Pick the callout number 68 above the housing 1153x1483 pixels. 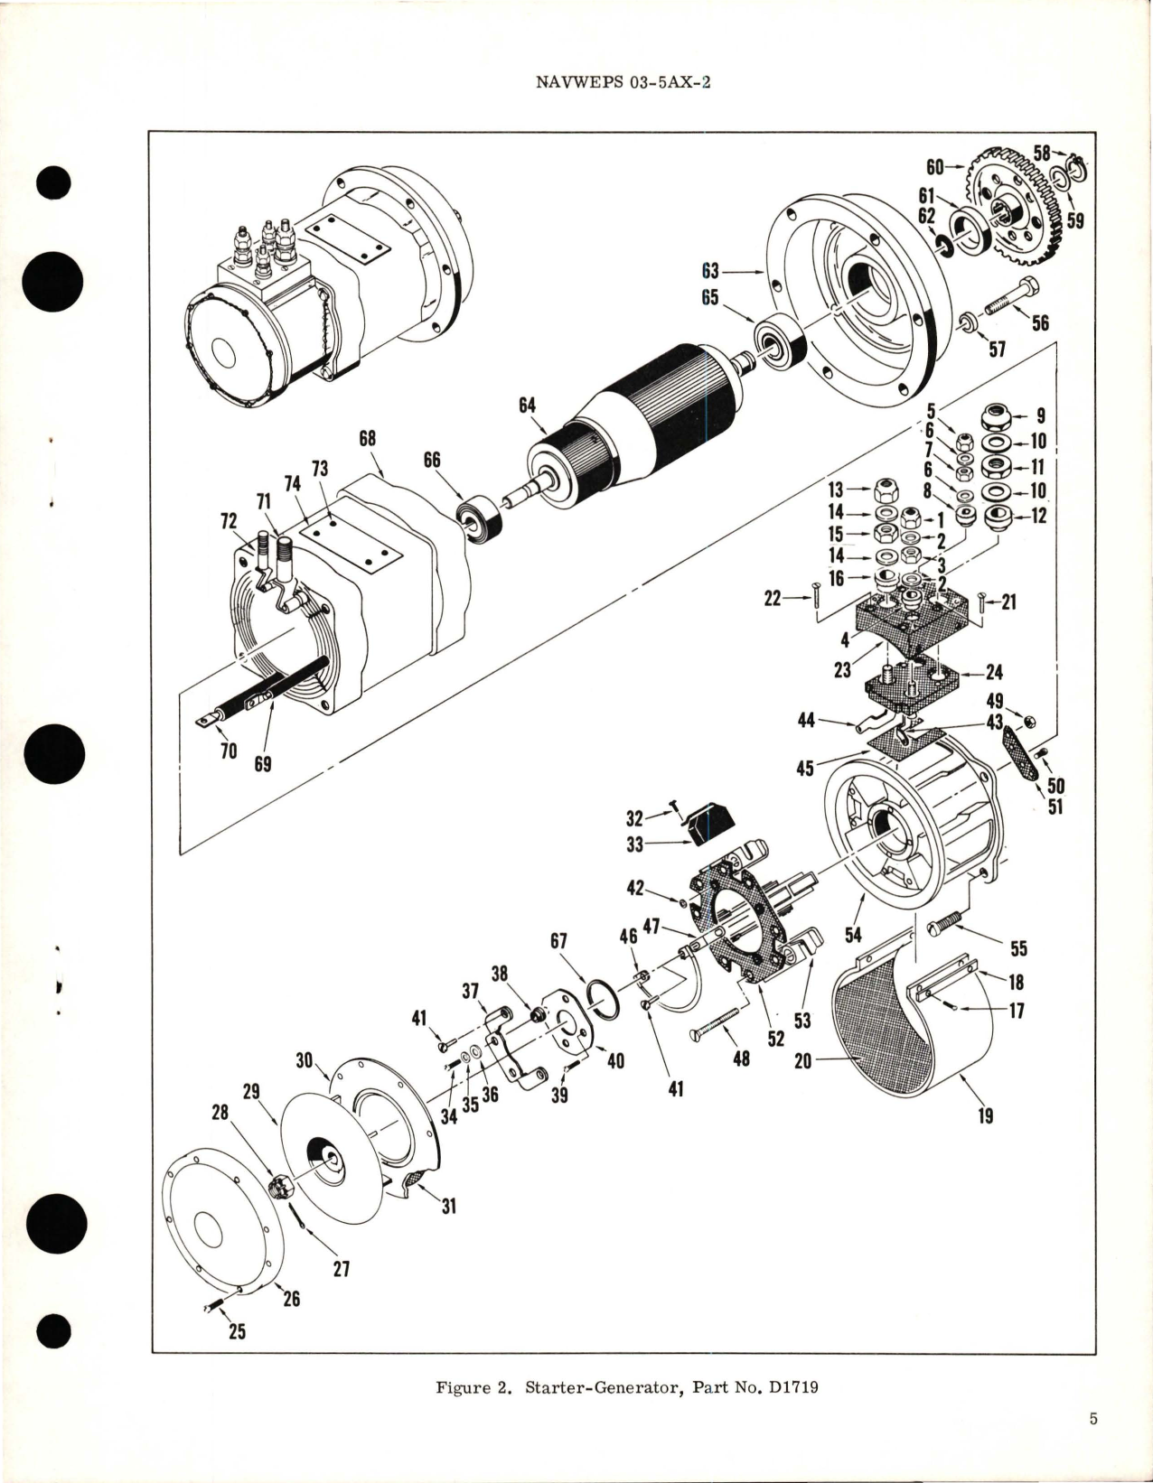[x=366, y=440]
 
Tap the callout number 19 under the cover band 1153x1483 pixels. [x=985, y=1115]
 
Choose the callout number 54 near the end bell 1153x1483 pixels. [x=853, y=935]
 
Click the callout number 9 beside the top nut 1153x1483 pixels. [x=1040, y=416]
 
